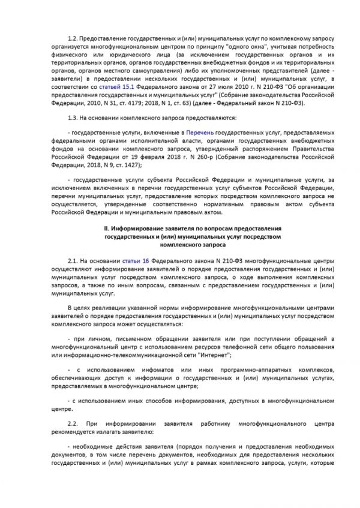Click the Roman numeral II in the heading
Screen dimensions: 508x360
[x=107, y=229]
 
